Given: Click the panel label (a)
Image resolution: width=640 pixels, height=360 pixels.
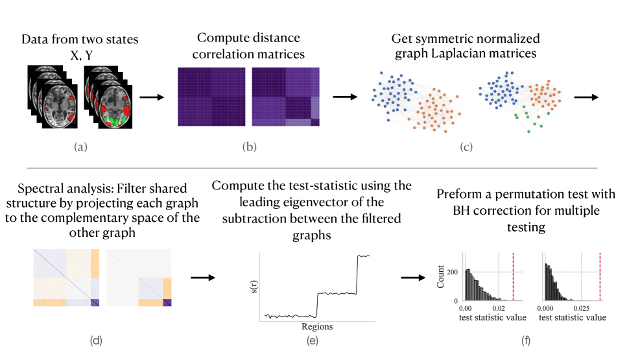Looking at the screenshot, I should click(80, 147).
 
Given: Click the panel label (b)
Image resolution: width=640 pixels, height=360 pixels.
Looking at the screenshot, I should click(250, 147).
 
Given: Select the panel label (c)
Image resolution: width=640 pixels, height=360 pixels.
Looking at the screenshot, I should click(466, 147).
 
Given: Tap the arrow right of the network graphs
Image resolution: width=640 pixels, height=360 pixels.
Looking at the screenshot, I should click(586, 97).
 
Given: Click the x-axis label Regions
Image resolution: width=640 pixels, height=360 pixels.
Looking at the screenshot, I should click(317, 327).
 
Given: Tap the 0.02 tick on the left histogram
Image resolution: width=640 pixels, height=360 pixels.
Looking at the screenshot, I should click(499, 309).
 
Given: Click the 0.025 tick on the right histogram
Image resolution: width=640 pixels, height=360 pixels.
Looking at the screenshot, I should click(582, 309).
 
